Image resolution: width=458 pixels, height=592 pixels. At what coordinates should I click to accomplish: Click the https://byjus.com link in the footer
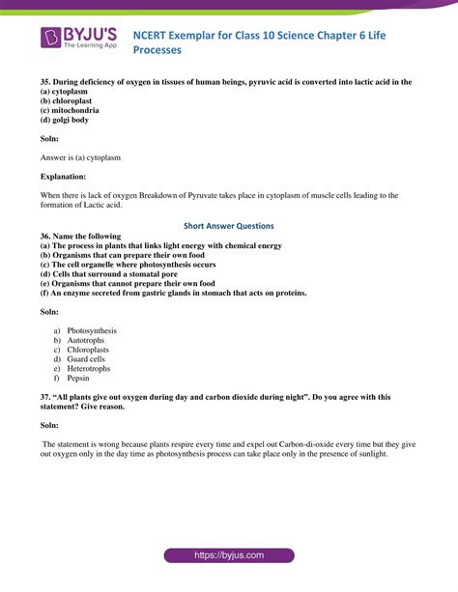pyautogui.click(x=229, y=556)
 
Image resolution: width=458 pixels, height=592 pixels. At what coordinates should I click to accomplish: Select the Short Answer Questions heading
pyautogui.click(x=230, y=226)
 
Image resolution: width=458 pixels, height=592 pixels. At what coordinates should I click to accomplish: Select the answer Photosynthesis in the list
pyautogui.click(x=91, y=330)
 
